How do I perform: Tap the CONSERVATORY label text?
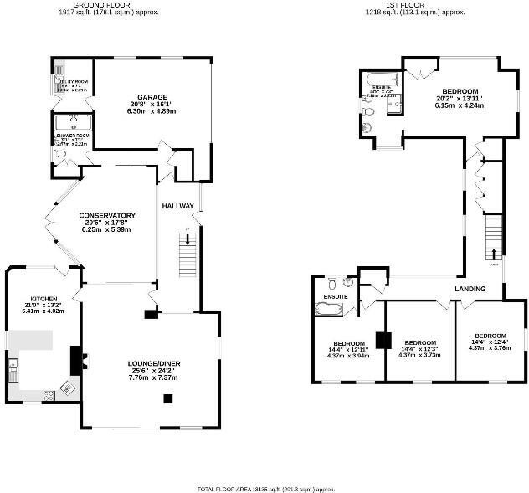(107, 214)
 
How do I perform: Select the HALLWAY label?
(177, 206)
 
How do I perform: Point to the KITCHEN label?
(43, 299)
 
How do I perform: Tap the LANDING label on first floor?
(470, 289)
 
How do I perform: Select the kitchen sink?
(13, 366)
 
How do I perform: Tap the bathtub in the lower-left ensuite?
(327, 309)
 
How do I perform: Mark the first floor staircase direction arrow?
(493, 253)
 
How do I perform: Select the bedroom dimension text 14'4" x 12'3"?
(419, 349)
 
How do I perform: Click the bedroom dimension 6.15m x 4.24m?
(460, 105)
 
